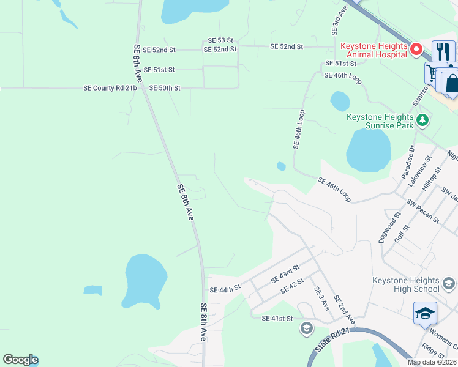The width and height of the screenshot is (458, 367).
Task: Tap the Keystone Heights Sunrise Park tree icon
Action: click(x=421, y=120)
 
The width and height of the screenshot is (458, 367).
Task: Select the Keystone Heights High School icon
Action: click(x=448, y=283)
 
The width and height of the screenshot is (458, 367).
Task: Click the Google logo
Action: click(x=20, y=360)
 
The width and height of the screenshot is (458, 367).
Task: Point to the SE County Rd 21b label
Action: click(x=110, y=88)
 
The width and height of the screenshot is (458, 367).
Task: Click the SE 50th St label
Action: click(x=165, y=88)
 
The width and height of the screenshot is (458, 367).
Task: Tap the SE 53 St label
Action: click(x=221, y=40)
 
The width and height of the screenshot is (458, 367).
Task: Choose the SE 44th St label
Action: click(x=222, y=290)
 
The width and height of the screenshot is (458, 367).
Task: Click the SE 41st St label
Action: click(x=277, y=319)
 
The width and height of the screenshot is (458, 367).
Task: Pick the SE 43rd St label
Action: click(x=285, y=273)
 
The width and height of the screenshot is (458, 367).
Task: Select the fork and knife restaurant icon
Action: click(x=443, y=51)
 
